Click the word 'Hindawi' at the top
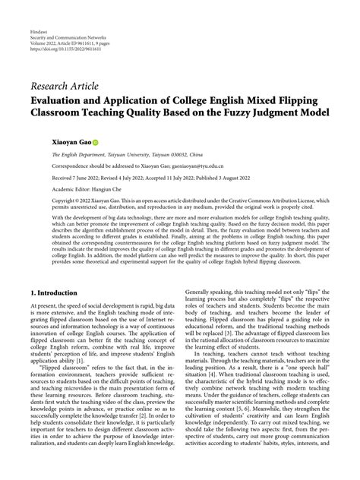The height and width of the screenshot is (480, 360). [38, 11]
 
